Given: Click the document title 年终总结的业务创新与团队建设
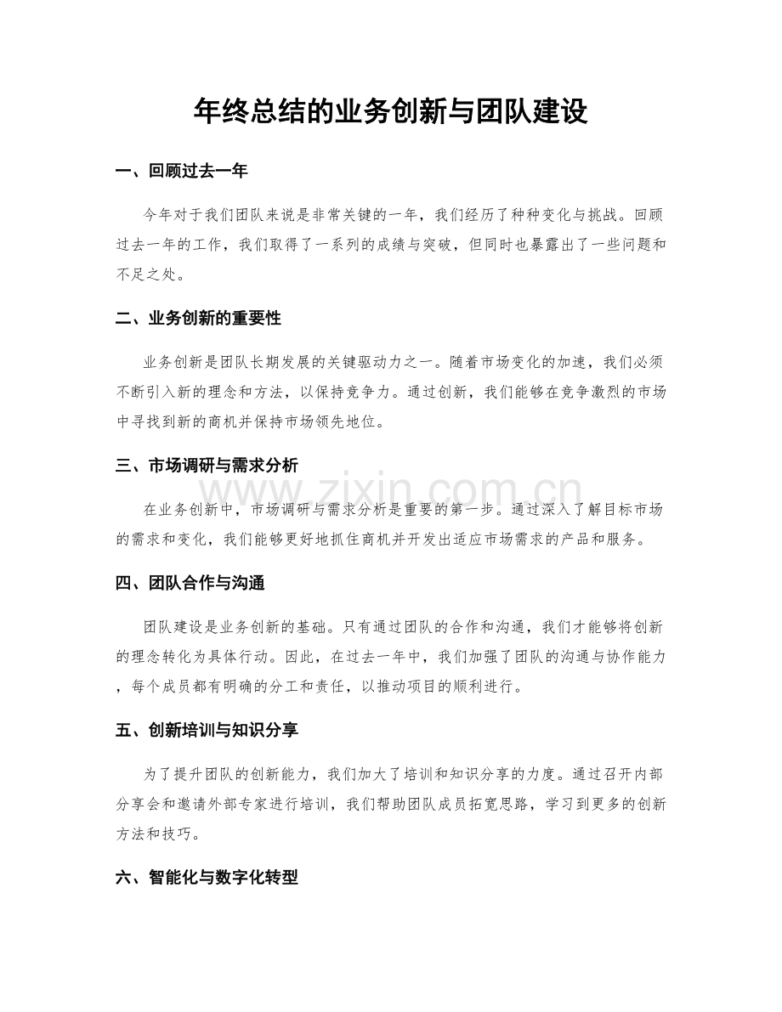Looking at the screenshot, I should pyautogui.click(x=390, y=110).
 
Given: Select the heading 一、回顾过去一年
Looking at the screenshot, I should pyautogui.click(x=181, y=172).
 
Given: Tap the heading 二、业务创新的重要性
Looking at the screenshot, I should pyautogui.click(x=197, y=319).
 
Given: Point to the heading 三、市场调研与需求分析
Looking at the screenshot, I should pyautogui.click(x=206, y=466).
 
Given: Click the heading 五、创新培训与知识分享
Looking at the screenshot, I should pyautogui.click(x=206, y=731).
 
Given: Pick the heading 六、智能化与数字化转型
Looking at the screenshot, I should pyautogui.click(x=206, y=878).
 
